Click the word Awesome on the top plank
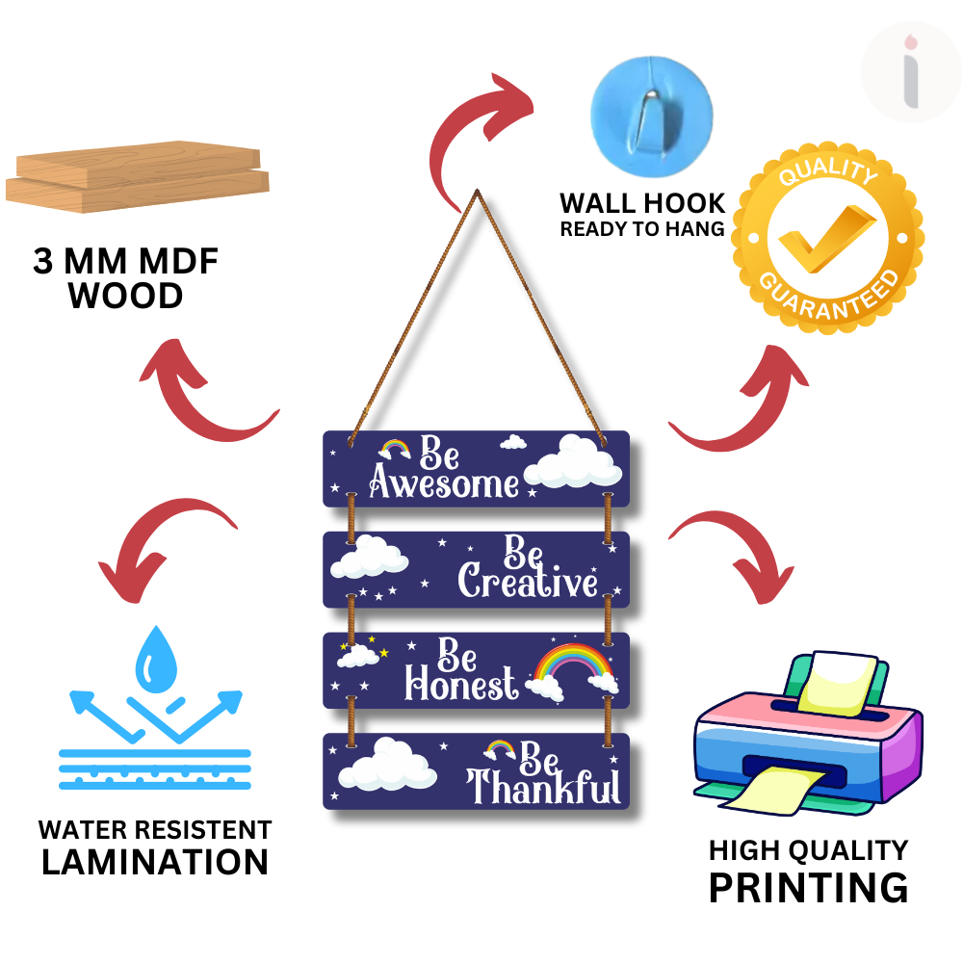pos(443,484)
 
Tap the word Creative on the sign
pos(527,582)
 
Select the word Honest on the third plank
pos(460,685)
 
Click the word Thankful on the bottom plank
pos(543,787)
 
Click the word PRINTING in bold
pos(808,887)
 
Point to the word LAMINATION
pos(154,862)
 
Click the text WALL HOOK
pos(642,203)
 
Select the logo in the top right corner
pos(910,72)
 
